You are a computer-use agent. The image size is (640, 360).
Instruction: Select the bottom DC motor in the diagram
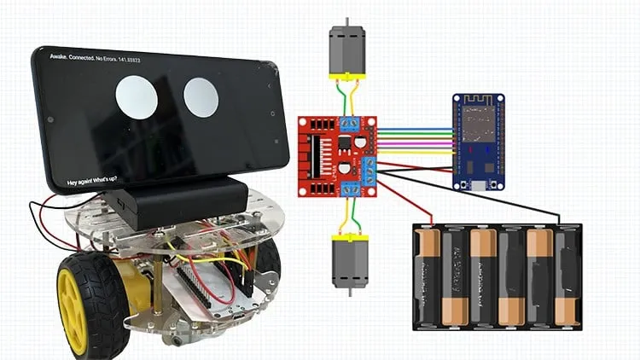[347, 260]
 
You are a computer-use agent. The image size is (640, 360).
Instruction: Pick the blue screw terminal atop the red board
[348, 125]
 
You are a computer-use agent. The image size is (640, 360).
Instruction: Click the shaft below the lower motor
[347, 292]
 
